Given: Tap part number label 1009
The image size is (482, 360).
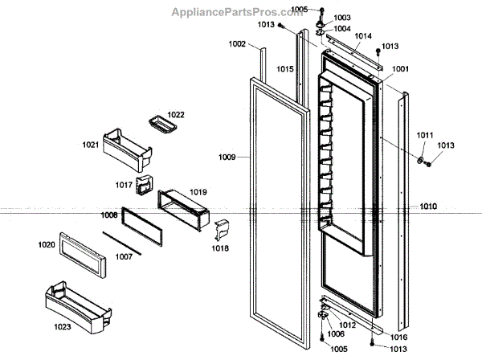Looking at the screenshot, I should coord(227,157).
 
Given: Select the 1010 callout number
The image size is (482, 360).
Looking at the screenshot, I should coord(427,207).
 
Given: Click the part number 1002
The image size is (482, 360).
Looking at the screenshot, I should coord(237,44).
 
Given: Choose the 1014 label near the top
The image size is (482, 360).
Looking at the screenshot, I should coord(363,36).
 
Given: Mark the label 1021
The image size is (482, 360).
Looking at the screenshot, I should coord(90,145).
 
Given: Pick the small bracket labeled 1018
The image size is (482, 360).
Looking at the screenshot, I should coord(222,231).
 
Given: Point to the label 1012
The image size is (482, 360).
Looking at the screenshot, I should coord(348,325).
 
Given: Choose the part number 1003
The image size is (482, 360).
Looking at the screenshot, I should coord(342,17).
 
